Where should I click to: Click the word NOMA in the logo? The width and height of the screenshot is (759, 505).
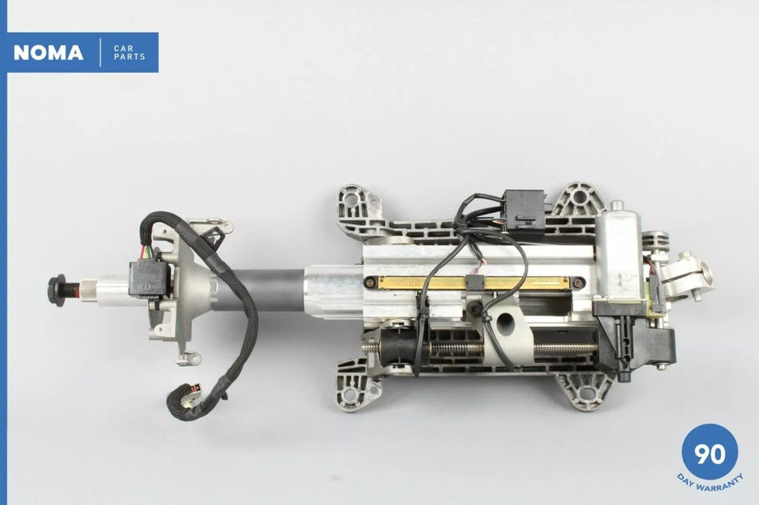click(49, 53)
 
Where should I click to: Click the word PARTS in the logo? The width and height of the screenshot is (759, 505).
click(129, 57)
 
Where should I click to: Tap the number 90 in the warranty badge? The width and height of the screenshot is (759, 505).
click(710, 454)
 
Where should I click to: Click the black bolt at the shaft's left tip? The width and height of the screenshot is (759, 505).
click(58, 290)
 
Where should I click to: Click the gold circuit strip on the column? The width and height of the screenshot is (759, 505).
click(474, 282)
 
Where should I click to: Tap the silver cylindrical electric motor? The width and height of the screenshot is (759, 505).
click(618, 255)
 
